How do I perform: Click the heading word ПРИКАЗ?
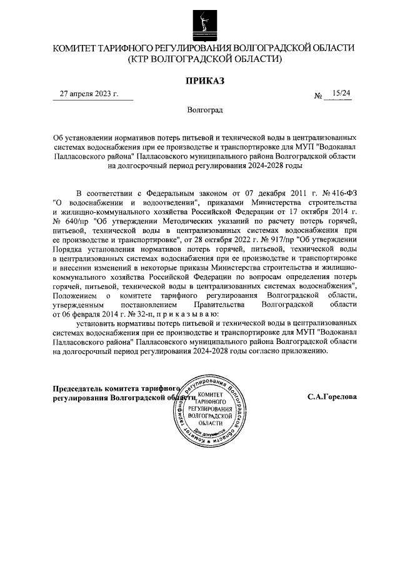click(204, 81)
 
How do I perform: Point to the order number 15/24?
click(342, 94)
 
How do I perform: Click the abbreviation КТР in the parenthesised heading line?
click(144, 59)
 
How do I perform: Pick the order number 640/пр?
click(74, 222)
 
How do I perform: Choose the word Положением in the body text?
click(75, 295)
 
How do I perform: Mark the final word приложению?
click(302, 351)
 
